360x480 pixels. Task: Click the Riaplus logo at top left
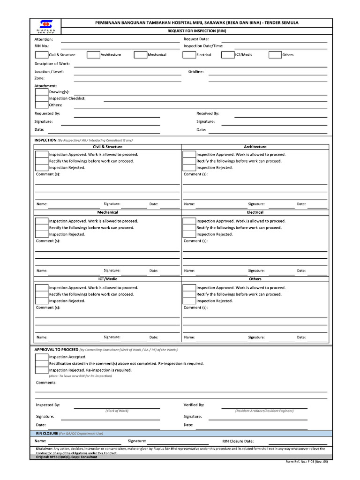pyautogui.click(x=45, y=26)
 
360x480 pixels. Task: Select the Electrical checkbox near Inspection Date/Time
pyautogui.click(x=189, y=55)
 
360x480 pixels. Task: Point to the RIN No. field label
pyautogui.click(x=42, y=46)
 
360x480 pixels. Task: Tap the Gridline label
pyautogui.click(x=196, y=72)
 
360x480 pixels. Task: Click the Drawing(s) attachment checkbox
pyautogui.click(x=41, y=92)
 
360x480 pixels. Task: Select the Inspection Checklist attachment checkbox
pyautogui.click(x=41, y=99)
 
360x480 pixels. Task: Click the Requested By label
pyautogui.click(x=47, y=113)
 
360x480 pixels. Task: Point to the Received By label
pyautogui.click(x=208, y=113)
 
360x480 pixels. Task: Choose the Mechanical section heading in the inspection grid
pyautogui.click(x=107, y=212)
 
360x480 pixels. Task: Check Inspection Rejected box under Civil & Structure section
pyautogui.click(x=42, y=168)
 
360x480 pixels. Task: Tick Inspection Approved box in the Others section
pyautogui.click(x=189, y=288)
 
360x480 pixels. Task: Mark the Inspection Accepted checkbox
pyautogui.click(x=42, y=357)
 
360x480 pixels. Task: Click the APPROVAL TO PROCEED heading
pyautogui.click(x=56, y=350)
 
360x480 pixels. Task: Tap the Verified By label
pyautogui.click(x=194, y=405)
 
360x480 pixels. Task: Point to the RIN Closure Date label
pyautogui.click(x=238, y=441)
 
